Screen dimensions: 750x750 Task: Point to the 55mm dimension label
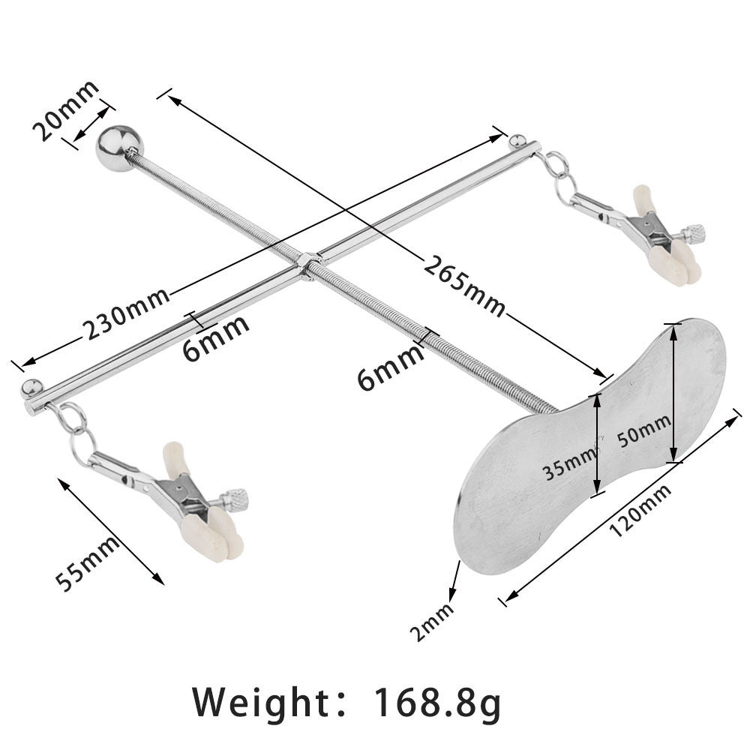[x=88, y=564]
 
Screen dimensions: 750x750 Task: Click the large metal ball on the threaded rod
[x=118, y=148]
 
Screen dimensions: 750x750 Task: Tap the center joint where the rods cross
[x=307, y=266]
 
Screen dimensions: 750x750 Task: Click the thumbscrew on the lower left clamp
[x=237, y=497]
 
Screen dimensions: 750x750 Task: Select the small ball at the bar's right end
[x=516, y=140]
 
